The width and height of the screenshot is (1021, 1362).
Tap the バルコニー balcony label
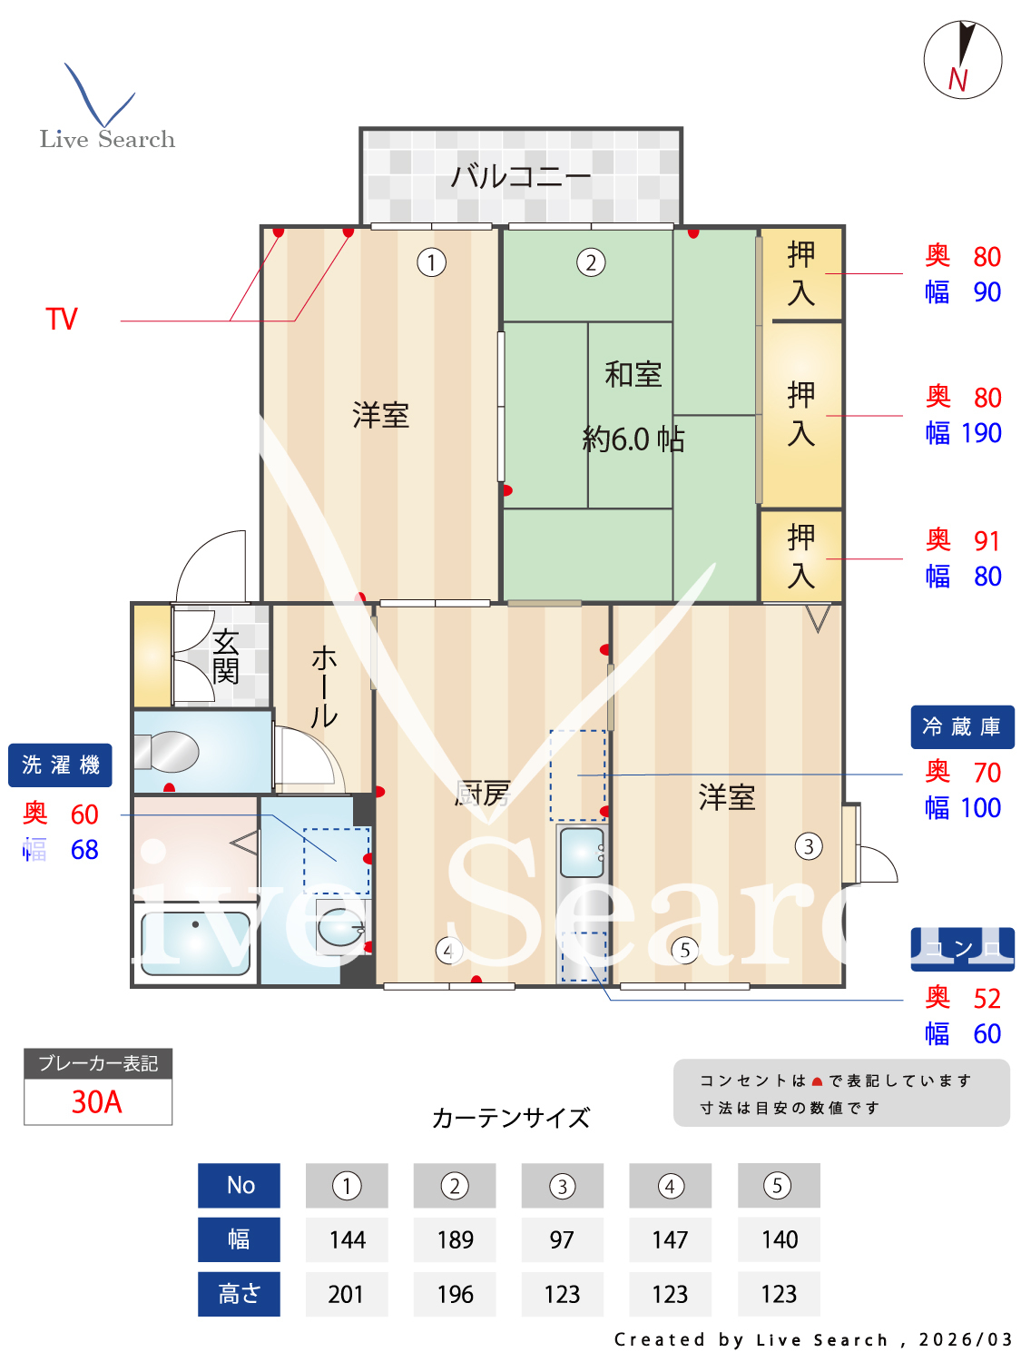pyautogui.click(x=520, y=175)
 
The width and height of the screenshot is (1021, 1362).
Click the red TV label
pyautogui.click(x=62, y=320)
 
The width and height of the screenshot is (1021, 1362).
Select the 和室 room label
pyautogui.click(x=633, y=374)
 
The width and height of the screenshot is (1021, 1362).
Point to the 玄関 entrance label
pyautogui.click(x=225, y=656)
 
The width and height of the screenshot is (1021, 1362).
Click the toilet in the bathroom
pyautogui.click(x=168, y=752)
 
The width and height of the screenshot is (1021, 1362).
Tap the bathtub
pyautogui.click(x=195, y=943)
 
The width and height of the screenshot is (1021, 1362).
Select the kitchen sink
pyautogui.click(x=582, y=852)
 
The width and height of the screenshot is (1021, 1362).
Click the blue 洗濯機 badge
pyautogui.click(x=60, y=765)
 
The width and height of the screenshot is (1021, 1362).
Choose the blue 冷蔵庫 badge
pyautogui.click(x=962, y=727)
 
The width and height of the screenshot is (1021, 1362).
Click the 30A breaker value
pyautogui.click(x=97, y=1101)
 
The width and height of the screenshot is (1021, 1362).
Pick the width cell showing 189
pyautogui.click(x=455, y=1239)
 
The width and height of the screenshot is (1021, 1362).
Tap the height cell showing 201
pyautogui.click(x=346, y=1294)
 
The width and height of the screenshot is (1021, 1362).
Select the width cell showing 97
pyautogui.click(x=562, y=1239)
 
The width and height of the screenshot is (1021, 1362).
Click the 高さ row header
pyautogui.click(x=239, y=1294)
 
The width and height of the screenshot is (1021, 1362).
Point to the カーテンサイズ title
pyautogui.click(x=511, y=1118)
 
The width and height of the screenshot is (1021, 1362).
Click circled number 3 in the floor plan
pyautogui.click(x=808, y=846)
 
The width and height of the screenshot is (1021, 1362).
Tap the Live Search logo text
pyautogui.click(x=107, y=139)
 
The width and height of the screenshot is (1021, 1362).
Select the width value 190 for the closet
pyautogui.click(x=981, y=433)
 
